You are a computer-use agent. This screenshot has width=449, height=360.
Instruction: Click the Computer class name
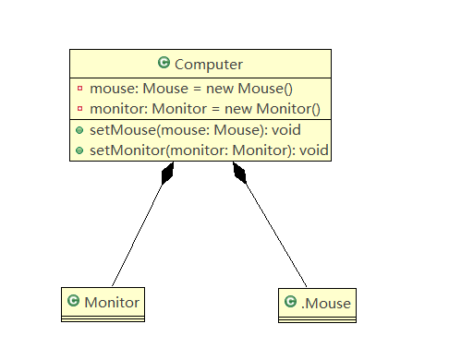pyautogui.click(x=208, y=64)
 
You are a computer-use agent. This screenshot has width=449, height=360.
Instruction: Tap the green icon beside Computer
pyautogui.click(x=164, y=64)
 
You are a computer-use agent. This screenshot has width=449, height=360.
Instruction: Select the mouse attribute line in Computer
pyautogui.click(x=190, y=90)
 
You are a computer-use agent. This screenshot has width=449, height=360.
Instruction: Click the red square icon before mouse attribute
pyautogui.click(x=79, y=90)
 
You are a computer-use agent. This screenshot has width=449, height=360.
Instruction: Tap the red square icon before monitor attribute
pyautogui.click(x=79, y=108)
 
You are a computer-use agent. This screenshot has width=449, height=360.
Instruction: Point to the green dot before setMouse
pyautogui.click(x=79, y=129)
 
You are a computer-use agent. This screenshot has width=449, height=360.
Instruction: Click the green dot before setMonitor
pyautogui.click(x=79, y=149)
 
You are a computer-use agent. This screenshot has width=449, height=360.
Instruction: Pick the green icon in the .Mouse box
pyautogui.click(x=290, y=302)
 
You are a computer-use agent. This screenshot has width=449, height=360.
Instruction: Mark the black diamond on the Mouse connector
pyautogui.click(x=240, y=174)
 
